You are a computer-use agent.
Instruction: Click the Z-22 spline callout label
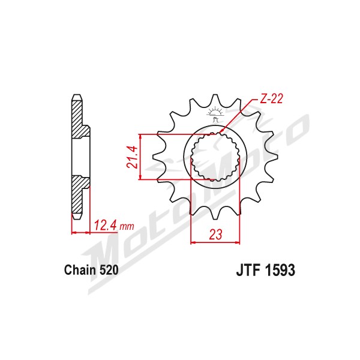click(271, 99)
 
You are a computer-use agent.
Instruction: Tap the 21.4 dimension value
click(133, 157)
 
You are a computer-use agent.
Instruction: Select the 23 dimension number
click(215, 234)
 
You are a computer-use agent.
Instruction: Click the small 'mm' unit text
click(127, 227)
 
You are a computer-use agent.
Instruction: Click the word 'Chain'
click(80, 270)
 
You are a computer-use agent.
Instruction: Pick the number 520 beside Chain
click(109, 270)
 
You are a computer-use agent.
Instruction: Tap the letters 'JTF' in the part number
click(248, 270)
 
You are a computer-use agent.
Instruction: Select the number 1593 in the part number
click(280, 270)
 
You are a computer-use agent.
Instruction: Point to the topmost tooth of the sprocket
click(215, 99)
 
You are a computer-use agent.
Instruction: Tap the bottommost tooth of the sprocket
click(215, 214)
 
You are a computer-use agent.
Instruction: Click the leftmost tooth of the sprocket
click(158, 157)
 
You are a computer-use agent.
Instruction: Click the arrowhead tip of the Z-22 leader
click(218, 134)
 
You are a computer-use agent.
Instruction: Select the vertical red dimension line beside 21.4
click(140, 157)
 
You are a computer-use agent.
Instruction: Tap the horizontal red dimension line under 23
click(215, 242)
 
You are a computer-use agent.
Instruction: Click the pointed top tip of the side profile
click(77, 94)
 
